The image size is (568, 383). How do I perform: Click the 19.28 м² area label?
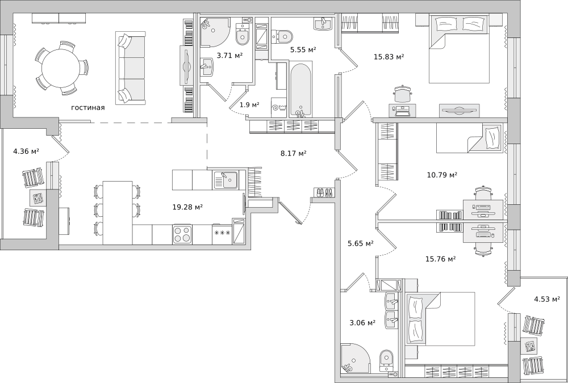pyautogui.click(x=187, y=207)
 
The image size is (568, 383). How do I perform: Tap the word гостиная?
pyautogui.click(x=87, y=107)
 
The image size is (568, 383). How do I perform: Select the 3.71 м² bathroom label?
pyautogui.click(x=229, y=56)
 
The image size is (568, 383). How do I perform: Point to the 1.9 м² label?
pyautogui.click(x=249, y=105)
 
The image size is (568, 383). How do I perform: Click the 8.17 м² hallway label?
pyautogui.click(x=294, y=154)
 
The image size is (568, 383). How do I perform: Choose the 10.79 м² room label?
pyautogui.click(x=442, y=175)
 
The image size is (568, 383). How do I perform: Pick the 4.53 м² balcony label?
pyautogui.click(x=547, y=299)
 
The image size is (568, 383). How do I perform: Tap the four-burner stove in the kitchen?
pyautogui.click(x=182, y=234)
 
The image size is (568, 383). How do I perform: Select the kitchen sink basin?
pyautogui.click(x=225, y=180)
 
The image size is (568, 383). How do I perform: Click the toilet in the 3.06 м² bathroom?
pyautogui.click(x=386, y=360)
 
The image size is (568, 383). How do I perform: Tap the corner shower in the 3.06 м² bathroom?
pyautogui.click(x=355, y=357)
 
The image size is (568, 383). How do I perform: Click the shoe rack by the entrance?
pyautogui.click(x=324, y=192)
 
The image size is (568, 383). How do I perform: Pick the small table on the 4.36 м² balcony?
pyautogui.click(x=38, y=198)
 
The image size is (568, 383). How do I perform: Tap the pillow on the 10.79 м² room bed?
pyautogui.click(x=491, y=137)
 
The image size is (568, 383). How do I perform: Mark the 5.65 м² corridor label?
pyautogui.click(x=361, y=243)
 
